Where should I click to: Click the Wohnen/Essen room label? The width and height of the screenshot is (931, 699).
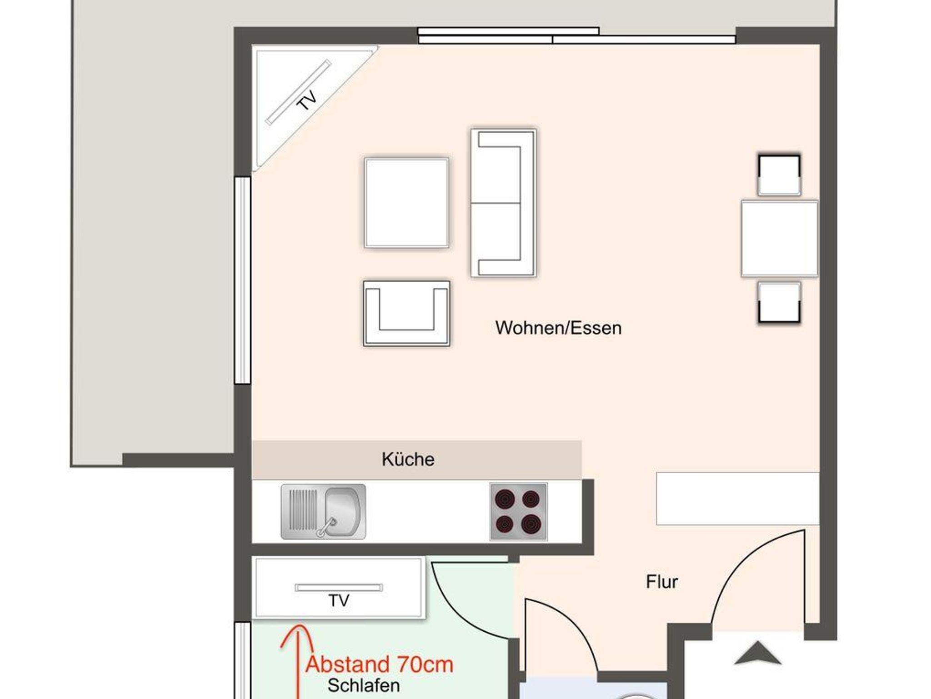click(558, 328)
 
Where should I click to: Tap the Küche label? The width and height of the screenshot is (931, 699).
click(408, 459)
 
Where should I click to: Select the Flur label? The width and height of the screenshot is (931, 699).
click(662, 582)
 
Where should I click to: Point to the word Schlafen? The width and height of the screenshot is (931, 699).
click(364, 685)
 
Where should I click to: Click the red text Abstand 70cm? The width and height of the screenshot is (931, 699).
click(380, 664)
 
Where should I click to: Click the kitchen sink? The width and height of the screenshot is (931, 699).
click(323, 512)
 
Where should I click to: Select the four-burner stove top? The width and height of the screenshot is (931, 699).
click(518, 512)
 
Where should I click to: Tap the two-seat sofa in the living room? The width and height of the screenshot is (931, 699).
click(503, 203)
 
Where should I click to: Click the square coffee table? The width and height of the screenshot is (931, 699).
click(406, 203)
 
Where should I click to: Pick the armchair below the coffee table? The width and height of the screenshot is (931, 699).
click(406, 314)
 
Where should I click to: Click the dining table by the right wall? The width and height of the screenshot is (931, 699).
click(779, 238)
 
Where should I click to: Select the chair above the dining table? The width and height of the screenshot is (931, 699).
click(779, 175)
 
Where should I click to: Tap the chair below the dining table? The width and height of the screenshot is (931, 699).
click(779, 302)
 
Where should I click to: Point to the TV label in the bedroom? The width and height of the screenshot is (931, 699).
click(339, 600)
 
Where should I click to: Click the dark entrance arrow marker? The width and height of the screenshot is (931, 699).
click(757, 653)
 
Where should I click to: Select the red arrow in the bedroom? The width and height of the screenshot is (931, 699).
click(298, 661)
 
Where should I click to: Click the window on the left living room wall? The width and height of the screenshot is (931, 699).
click(242, 280)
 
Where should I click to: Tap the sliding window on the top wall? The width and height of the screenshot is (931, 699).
click(576, 35)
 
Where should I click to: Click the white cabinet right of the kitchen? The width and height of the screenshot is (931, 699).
click(737, 499)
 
